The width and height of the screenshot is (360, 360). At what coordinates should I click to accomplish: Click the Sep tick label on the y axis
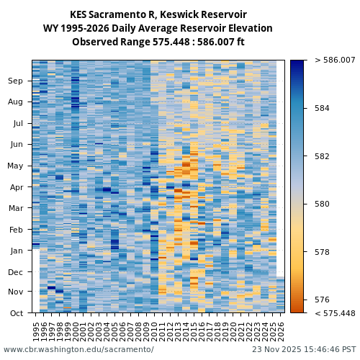[15, 81]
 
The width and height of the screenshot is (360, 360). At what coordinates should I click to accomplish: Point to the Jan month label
[15, 251]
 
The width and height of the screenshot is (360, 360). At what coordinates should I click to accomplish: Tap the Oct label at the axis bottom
[15, 313]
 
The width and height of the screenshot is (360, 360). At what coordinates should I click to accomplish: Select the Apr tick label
[15, 187]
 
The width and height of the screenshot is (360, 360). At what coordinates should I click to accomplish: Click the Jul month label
[17, 123]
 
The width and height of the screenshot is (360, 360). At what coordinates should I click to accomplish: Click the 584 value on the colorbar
[322, 108]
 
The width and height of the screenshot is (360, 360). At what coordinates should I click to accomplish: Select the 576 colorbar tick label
[322, 300]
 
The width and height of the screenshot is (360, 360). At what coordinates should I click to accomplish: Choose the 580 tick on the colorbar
[322, 204]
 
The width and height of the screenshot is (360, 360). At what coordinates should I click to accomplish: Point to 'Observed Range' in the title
[105, 42]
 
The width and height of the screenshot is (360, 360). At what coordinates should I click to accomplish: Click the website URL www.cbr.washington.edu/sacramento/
[78, 349]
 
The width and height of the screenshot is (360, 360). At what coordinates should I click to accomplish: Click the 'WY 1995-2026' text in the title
[74, 29]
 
